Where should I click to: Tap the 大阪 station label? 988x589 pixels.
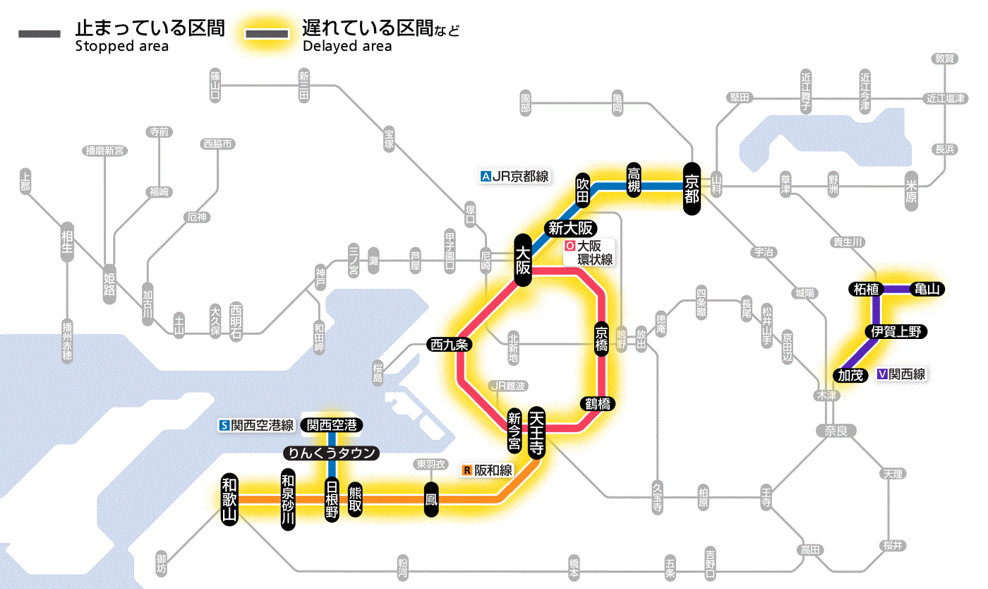point(523,261)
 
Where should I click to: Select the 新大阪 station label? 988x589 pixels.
point(571,228)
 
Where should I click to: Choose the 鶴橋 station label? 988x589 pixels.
point(599,404)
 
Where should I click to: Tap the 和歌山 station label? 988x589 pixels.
point(229,499)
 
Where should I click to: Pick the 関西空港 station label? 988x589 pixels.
point(332,425)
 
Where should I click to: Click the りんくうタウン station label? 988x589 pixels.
point(331,453)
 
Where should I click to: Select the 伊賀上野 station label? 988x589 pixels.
point(896,332)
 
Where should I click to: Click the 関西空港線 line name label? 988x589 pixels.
point(257,425)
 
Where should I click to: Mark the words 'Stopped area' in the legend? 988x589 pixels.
point(122,47)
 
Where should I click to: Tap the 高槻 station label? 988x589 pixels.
point(634,180)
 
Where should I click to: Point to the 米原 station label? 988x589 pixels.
point(911,191)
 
